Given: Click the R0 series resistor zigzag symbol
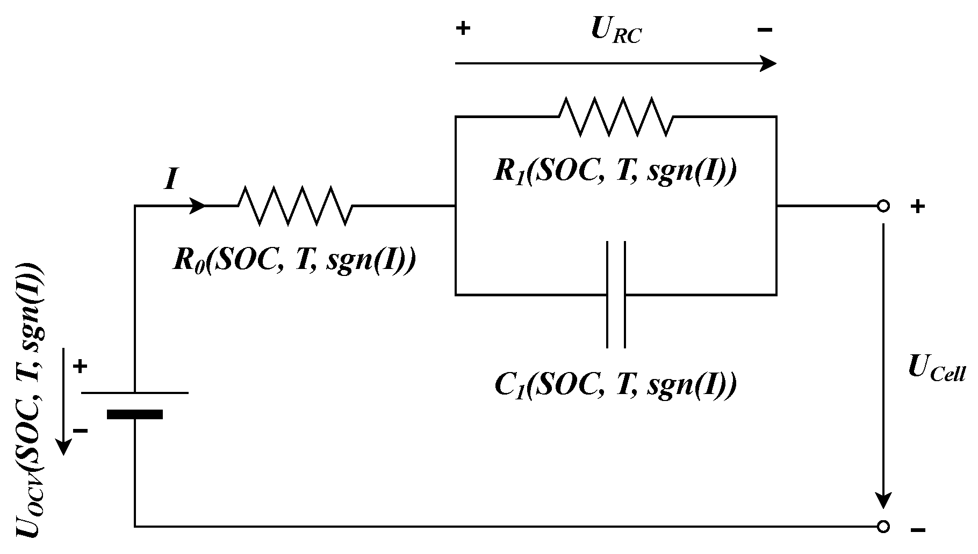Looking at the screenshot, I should coord(294,206).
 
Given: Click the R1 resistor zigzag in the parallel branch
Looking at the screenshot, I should coord(616,116).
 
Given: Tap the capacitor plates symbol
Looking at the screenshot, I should coord(616,295).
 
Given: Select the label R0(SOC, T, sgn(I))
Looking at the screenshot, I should coord(294,260).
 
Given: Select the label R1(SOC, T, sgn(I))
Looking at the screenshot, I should coord(615,171).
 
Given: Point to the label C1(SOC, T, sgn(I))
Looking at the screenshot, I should coord(615,384).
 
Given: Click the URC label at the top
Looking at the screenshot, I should coord(616,31).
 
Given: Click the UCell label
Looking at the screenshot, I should coord(936,370).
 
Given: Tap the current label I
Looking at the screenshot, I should coord(170,179).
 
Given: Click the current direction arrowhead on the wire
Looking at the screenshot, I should coord(198,206).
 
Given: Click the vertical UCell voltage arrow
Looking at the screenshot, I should coord(883,365).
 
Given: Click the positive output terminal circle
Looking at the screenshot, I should coord(883,206).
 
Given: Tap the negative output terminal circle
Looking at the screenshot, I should coord(883,527).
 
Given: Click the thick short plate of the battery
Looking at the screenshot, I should coord(134,414).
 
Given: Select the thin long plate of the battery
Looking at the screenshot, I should coord(134,393).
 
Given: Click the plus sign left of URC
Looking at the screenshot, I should coord(463,28).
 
